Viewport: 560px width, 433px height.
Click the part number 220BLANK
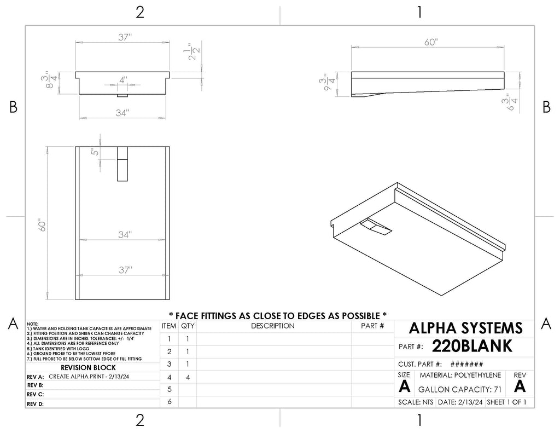pos(472,346)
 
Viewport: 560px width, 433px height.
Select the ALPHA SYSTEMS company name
pos(465,328)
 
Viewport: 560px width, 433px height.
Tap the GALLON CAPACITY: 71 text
pos(459,389)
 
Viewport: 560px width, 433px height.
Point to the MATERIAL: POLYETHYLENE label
pos(460,375)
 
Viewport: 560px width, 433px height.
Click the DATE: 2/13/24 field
pos(460,402)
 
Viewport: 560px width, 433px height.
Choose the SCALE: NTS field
pos(416,402)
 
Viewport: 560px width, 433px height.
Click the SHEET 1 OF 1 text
pos(506,402)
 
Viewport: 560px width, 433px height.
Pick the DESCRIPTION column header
pos(272,326)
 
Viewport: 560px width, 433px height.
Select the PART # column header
pos(372,326)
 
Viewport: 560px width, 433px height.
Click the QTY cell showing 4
pos(188,377)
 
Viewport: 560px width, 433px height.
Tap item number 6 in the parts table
pos(170,402)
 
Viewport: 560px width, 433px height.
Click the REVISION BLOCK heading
pos(88,367)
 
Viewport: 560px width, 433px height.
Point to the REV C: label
pos(35,394)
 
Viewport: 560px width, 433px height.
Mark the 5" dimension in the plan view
pos(95,152)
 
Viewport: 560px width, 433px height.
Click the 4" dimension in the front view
pos(123,80)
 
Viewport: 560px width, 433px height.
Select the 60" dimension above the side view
pos(431,42)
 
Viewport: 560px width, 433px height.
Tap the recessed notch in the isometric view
pos(376,227)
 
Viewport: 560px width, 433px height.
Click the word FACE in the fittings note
pos(188,316)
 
